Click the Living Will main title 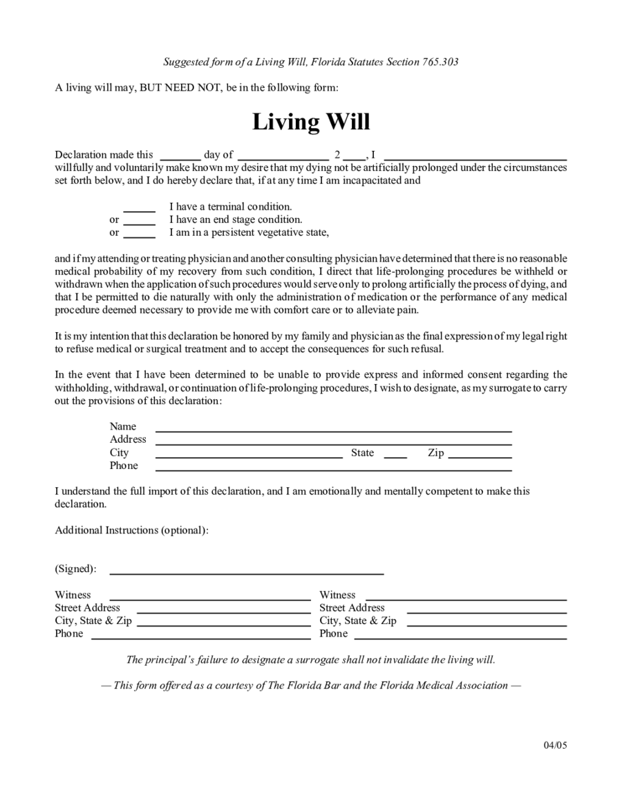point(311,122)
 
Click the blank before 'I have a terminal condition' point(139,210)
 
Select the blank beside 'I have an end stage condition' point(139,223)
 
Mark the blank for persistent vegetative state point(139,236)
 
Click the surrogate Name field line point(333,430)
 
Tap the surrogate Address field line point(333,443)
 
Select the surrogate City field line point(249,457)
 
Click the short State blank point(395,457)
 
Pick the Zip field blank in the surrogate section point(480,457)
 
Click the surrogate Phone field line point(333,469)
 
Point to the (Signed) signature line point(247,573)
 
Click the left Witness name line point(210,598)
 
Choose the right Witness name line point(466,598)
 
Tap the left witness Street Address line point(224,612)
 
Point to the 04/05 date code point(555,745)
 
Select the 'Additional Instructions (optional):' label point(131,530)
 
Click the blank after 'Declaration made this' point(180,158)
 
